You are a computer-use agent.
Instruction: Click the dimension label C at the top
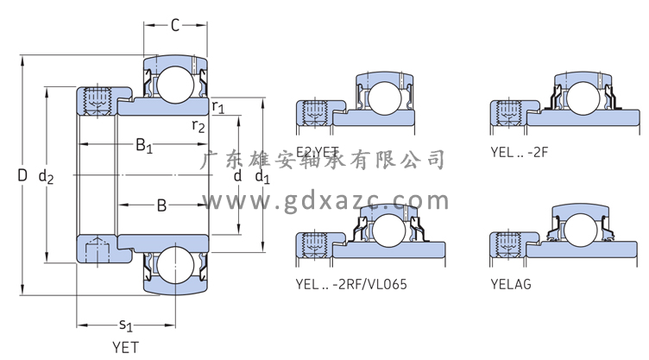coord(174,25)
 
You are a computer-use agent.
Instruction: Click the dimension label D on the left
coord(22,176)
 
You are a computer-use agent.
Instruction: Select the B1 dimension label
coord(143,146)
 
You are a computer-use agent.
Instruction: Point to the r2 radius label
coord(198,126)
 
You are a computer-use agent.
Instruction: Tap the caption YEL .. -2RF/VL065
coord(351,284)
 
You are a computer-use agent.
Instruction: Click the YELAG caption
coord(509,284)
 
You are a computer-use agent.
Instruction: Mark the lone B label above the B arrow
coord(161,205)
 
